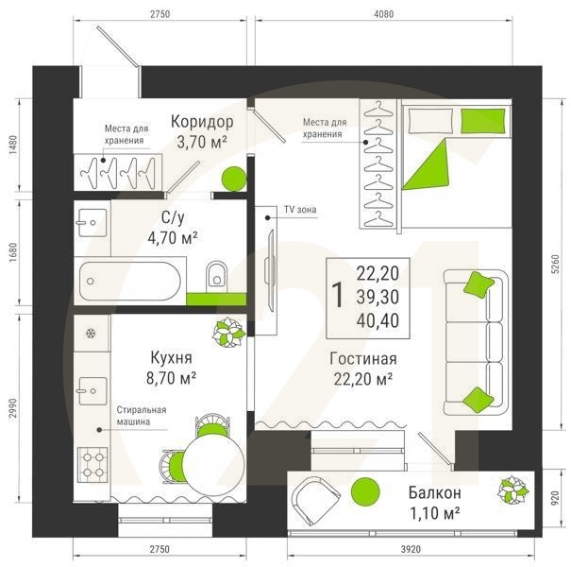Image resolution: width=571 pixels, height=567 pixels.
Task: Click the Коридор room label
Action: click(x=202, y=121)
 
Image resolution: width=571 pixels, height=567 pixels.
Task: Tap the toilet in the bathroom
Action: click(x=216, y=276)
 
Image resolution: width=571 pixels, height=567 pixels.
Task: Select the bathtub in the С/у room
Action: click(x=130, y=281)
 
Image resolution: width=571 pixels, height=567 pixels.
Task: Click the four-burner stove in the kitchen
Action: click(x=92, y=462)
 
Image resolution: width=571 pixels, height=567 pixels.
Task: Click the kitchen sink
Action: click(x=92, y=391)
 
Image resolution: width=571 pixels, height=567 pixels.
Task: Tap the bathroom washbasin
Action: click(x=92, y=222)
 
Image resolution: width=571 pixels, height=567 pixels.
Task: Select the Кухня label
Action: click(x=171, y=358)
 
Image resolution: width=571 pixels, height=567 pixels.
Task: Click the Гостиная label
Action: click(x=363, y=358)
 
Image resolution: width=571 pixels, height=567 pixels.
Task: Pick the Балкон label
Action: click(x=435, y=492)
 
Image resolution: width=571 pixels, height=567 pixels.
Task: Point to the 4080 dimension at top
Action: click(x=384, y=14)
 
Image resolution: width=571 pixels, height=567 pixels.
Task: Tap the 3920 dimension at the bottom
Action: click(x=411, y=549)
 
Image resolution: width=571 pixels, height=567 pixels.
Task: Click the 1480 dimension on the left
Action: click(x=13, y=146)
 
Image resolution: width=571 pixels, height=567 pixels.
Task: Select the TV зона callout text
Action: click(x=300, y=210)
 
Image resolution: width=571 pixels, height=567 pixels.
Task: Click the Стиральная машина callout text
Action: click(x=142, y=416)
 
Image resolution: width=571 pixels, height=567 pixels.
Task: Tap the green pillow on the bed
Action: click(x=483, y=121)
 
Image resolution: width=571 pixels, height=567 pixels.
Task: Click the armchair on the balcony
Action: click(x=316, y=500)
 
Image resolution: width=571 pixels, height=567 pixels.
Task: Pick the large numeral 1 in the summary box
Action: click(x=338, y=295)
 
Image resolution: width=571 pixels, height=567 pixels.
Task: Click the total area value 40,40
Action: click(x=378, y=320)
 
